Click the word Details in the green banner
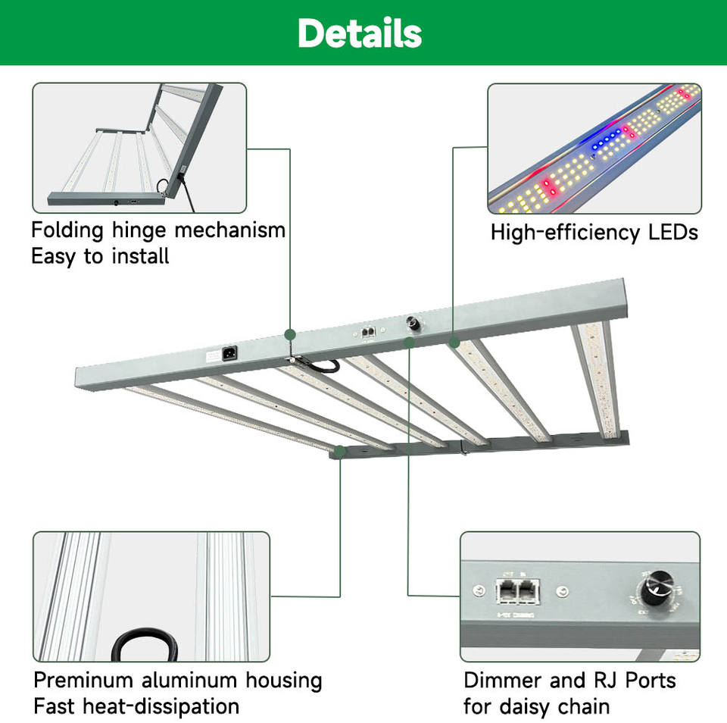[x=360, y=33]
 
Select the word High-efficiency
[x=562, y=232]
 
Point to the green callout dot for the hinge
[x=289, y=334]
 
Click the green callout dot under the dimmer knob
[x=409, y=343]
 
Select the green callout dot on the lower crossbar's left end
[x=340, y=452]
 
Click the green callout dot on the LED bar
[x=454, y=343]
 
